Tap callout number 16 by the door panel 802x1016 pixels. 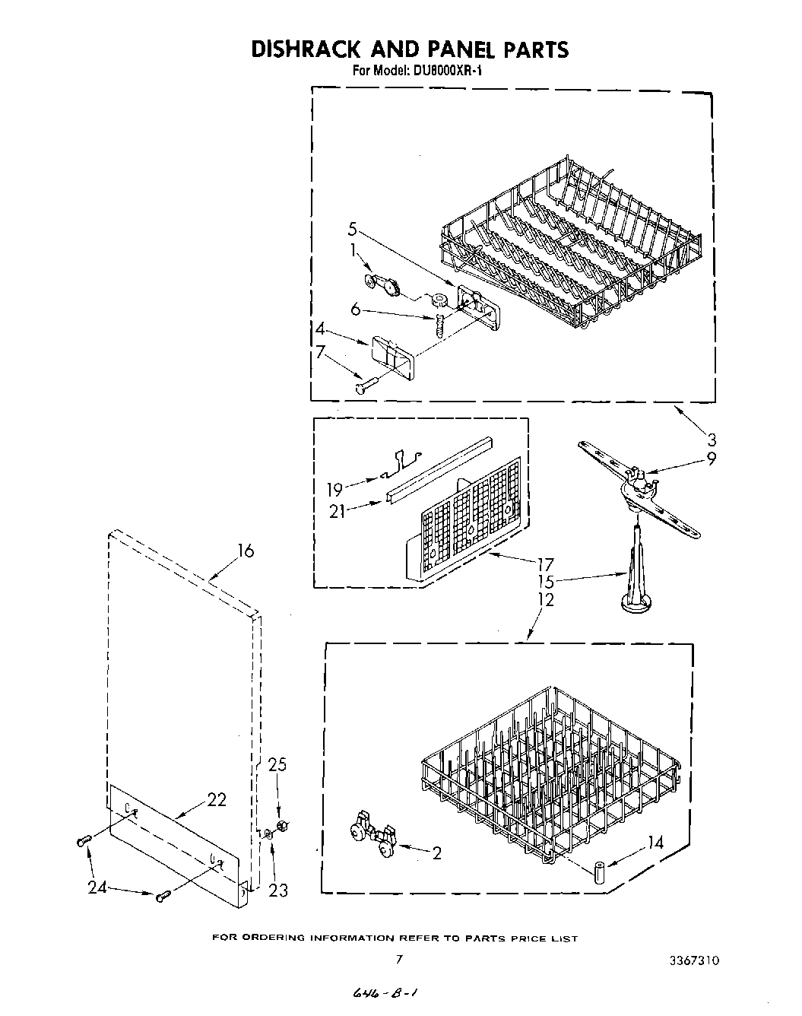[246, 551]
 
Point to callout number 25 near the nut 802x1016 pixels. [277, 765]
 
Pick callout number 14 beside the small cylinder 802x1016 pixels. [655, 843]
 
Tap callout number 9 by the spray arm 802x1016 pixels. [710, 459]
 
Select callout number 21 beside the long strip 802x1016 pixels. [338, 511]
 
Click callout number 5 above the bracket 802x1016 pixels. [353, 228]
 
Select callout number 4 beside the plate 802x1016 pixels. [322, 329]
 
